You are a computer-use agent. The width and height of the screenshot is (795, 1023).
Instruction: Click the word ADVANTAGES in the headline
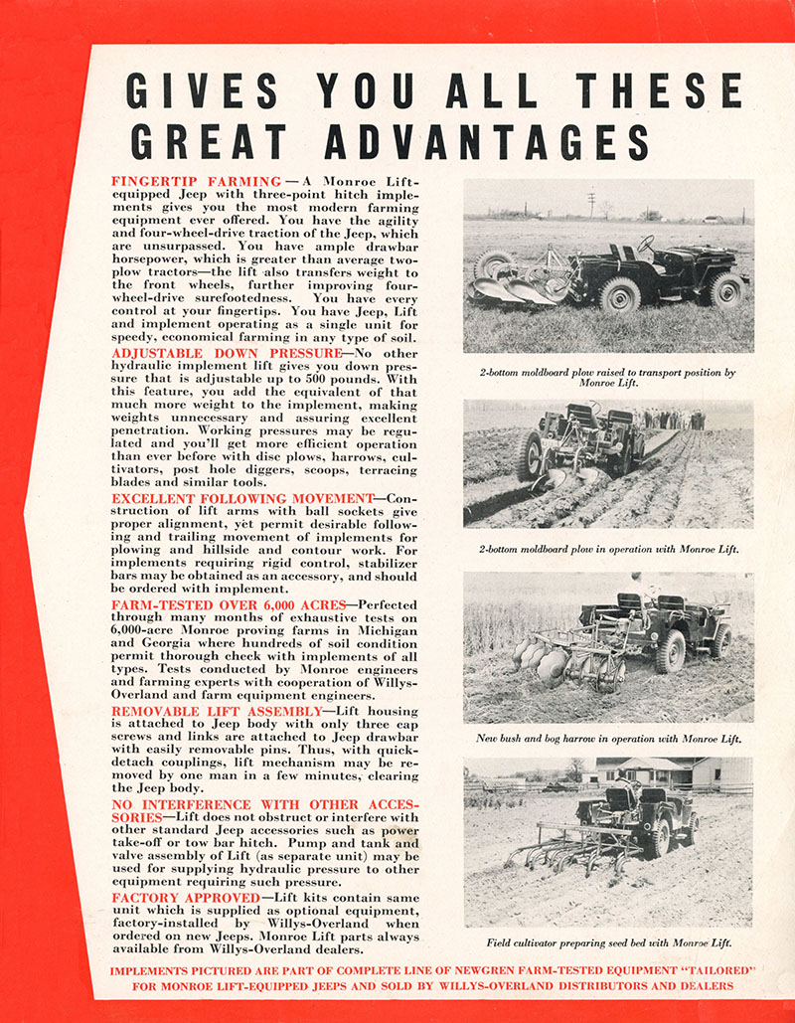tap(488, 141)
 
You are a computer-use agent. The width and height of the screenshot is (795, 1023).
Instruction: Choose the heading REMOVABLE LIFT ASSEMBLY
tap(218, 712)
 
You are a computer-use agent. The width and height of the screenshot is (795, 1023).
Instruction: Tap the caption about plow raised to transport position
tap(607, 378)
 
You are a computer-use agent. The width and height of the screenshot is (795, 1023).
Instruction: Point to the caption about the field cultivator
tap(608, 942)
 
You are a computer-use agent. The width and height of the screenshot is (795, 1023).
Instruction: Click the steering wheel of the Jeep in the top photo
tap(646, 243)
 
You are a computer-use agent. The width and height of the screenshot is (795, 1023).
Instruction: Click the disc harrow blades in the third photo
tap(537, 660)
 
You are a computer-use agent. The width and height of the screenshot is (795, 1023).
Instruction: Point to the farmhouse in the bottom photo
tap(666, 770)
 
